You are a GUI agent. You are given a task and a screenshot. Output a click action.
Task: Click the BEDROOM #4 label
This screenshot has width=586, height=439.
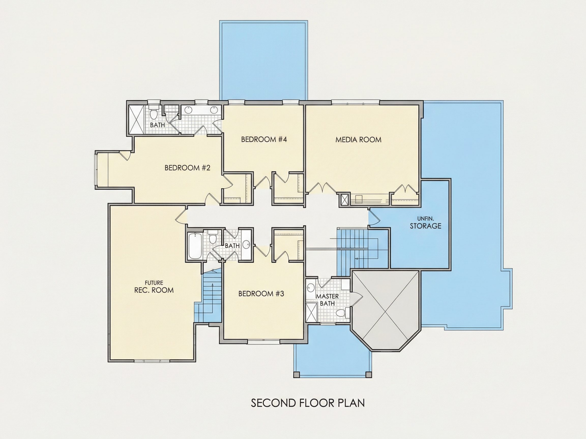point(264,139)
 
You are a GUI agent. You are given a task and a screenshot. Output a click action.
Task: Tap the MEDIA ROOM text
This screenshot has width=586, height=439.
point(358,140)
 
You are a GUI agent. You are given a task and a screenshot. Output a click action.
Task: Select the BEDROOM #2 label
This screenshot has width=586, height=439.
point(187,168)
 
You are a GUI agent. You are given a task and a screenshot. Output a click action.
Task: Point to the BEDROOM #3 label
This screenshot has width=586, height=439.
point(261,294)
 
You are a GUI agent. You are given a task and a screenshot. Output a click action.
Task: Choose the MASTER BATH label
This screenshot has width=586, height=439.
point(327,300)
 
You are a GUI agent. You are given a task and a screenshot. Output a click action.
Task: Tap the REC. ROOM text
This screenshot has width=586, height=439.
point(154,290)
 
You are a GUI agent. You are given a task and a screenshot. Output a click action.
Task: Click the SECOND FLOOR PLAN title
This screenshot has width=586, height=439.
point(308,403)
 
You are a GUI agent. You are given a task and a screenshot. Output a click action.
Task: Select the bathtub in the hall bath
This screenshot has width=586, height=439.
point(195,246)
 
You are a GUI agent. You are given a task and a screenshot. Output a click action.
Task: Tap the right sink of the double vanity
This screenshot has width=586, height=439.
point(214,110)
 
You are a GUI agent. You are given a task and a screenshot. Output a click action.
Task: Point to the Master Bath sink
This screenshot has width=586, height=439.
point(310,287)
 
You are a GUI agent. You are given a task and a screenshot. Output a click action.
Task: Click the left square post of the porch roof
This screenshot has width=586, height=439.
point(296,375)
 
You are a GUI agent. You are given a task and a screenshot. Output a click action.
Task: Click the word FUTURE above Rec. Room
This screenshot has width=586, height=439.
point(154,283)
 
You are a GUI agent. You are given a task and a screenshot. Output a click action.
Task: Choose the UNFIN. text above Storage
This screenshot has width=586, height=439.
point(426,218)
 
